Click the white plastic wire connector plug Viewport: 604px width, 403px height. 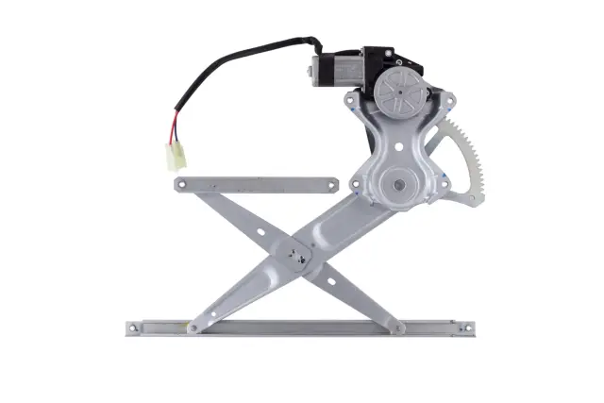pyautogui.click(x=176, y=155)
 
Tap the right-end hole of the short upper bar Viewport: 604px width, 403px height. pyautogui.click(x=330, y=183)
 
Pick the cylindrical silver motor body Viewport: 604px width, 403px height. pyautogui.click(x=332, y=68)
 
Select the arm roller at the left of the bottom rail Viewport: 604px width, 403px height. pyautogui.click(x=193, y=327)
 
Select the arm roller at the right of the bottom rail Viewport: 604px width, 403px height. pyautogui.click(x=399, y=327)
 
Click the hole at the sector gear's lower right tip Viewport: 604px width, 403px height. pyautogui.click(x=469, y=198)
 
